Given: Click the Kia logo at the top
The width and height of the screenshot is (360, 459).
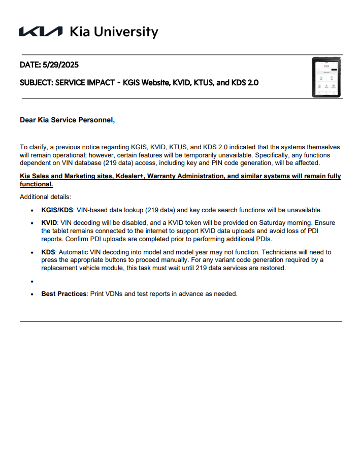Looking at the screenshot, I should tap(41, 32).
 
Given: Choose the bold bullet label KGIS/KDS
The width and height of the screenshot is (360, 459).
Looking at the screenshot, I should tap(57, 210).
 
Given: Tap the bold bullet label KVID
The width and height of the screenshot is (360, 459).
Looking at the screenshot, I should tap(50, 223).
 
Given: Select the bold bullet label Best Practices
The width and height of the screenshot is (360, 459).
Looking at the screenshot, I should tap(64, 294).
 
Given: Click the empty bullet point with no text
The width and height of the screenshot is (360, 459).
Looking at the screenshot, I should tap(32, 281).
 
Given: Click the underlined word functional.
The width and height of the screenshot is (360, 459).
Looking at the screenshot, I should tap(36, 184).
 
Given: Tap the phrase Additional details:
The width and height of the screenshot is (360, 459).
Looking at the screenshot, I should tap(46, 196).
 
